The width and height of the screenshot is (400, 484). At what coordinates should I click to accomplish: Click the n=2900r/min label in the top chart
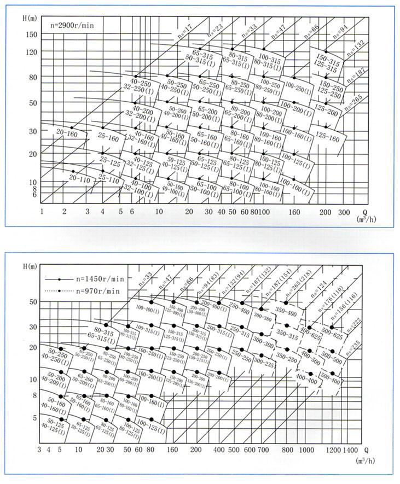(x=70, y=25)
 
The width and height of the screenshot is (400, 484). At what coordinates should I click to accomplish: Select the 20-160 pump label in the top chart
(x=67, y=133)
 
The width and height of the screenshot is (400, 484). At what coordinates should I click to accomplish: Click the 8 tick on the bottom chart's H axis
(x=32, y=395)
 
